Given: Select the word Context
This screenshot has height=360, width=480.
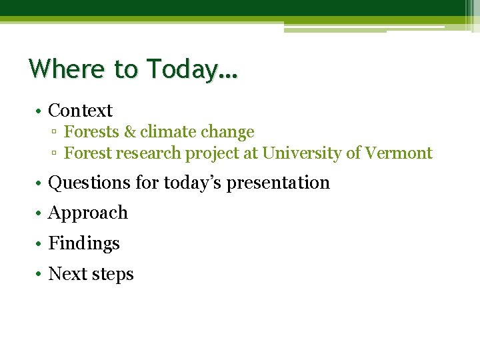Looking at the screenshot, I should tap(81, 111).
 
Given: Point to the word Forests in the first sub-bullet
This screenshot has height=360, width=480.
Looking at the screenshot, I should tap(91, 132).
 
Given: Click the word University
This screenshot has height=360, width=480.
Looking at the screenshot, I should tap(301, 153).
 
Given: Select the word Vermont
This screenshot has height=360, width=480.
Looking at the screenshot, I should tap(399, 153).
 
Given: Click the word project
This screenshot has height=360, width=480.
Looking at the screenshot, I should tap(209, 154).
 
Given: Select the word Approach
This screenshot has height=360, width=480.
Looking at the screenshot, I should tap(88, 213).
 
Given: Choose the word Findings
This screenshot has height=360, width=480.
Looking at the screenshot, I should tap(84, 244).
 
